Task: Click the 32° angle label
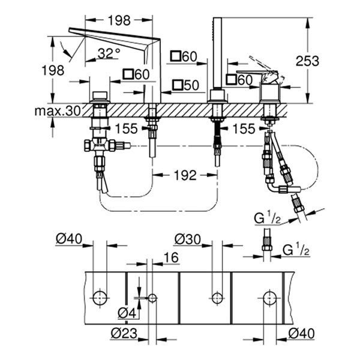pyautogui.click(x=108, y=53)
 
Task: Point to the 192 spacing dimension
pyautogui.click(x=185, y=175)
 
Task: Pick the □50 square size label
pyautogui.click(x=185, y=86)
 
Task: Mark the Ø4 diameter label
pyautogui.click(x=125, y=313)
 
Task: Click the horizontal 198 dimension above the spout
pyautogui.click(x=122, y=21)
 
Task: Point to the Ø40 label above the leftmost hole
pyautogui.click(x=68, y=239)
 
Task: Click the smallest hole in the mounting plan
pyautogui.click(x=152, y=298)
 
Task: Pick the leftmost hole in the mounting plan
pyautogui.click(x=100, y=297)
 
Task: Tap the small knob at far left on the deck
pyautogui.click(x=100, y=96)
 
